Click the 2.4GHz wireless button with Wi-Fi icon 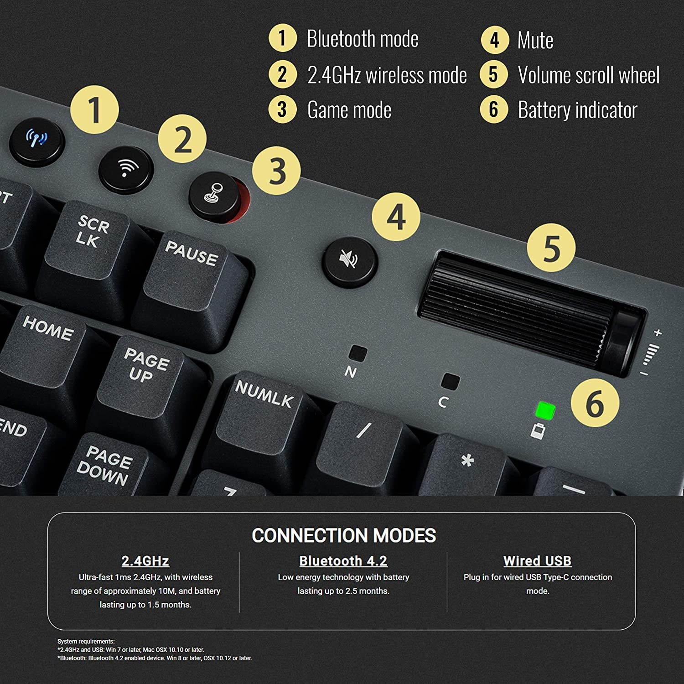[x=125, y=170]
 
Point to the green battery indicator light [x=545, y=410]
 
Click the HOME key [x=46, y=337]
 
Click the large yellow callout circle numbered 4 [x=396, y=217]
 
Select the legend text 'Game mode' [x=349, y=110]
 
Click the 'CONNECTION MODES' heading [x=344, y=535]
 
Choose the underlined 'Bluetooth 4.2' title [x=343, y=561]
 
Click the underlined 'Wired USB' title [x=537, y=561]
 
